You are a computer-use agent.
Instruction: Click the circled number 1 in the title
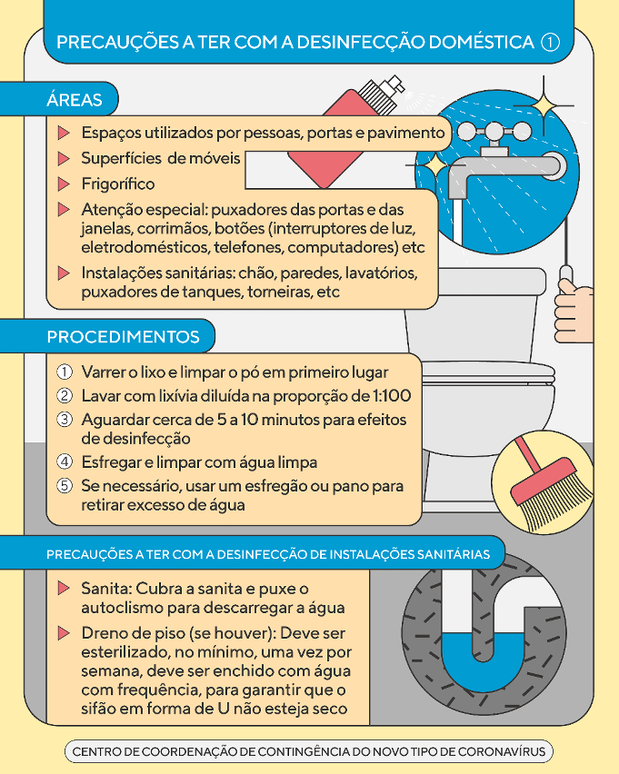click(x=550, y=42)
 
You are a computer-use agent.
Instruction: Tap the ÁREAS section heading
click(x=75, y=100)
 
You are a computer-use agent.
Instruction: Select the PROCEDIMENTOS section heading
click(x=123, y=337)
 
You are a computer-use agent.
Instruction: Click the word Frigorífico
click(x=118, y=184)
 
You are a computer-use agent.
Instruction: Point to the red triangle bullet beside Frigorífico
click(x=64, y=184)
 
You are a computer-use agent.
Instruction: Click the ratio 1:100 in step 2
click(x=390, y=396)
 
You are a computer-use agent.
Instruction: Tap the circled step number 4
click(x=65, y=462)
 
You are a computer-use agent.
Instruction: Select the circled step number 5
click(x=65, y=486)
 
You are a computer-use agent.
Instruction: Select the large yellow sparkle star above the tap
click(x=544, y=105)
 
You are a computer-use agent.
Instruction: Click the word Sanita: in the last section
click(x=106, y=589)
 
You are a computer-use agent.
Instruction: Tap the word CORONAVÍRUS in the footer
click(x=502, y=752)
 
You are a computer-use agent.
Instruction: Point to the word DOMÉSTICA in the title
click(x=482, y=42)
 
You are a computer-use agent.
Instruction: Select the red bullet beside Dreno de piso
click(x=64, y=633)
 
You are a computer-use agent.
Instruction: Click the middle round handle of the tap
click(x=493, y=132)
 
